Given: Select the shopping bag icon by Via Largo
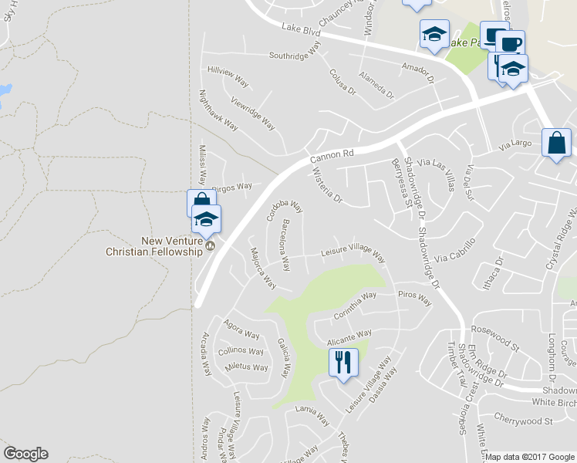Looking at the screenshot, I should click(556, 144).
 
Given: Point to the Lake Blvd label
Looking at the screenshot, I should click(301, 30).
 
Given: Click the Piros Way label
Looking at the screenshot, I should click(414, 297).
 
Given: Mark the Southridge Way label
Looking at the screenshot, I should click(294, 55).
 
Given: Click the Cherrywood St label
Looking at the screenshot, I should click(528, 421).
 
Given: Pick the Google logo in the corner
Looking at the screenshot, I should click(25, 454).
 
